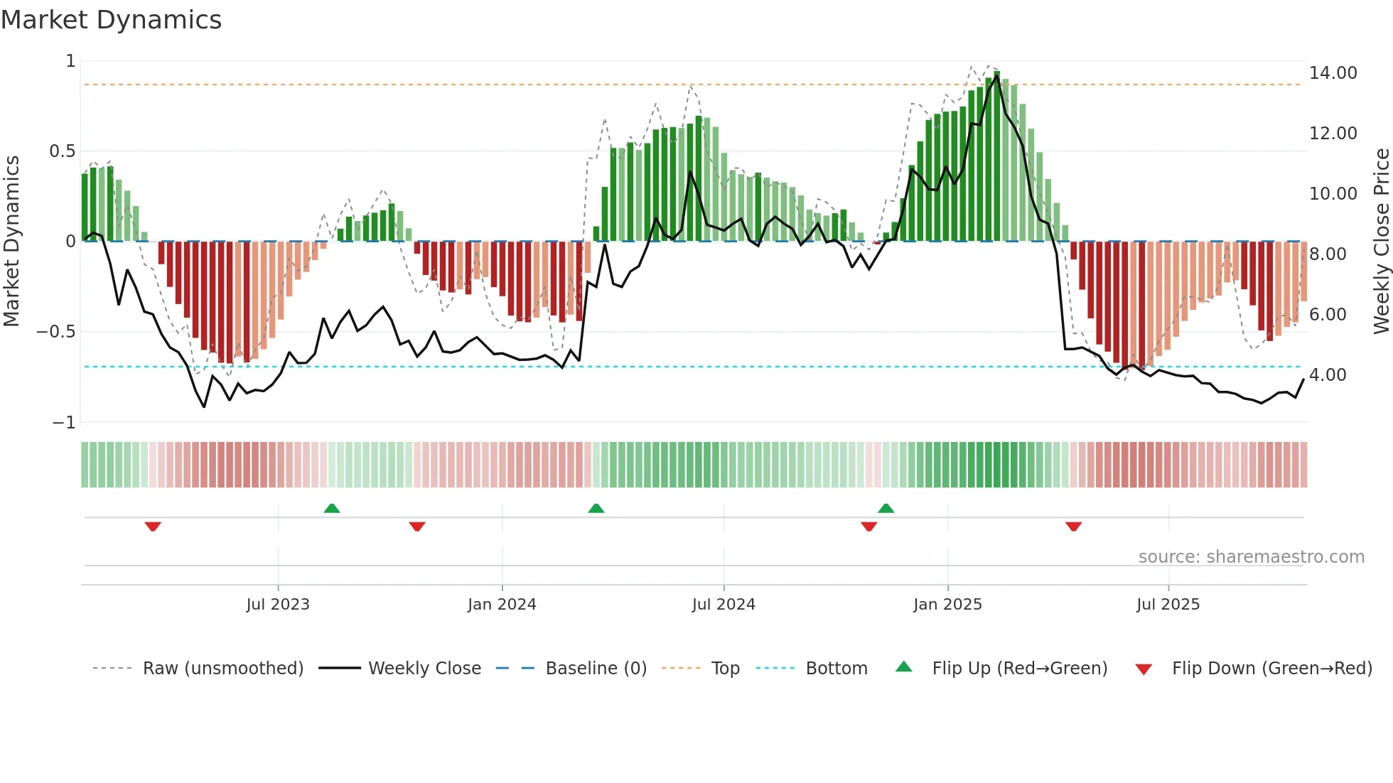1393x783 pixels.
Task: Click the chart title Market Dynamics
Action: click(111, 20)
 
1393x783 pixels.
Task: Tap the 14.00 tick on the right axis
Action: click(1333, 73)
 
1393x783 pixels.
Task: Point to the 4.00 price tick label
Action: click(1327, 375)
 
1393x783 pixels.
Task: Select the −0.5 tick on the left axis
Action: click(55, 332)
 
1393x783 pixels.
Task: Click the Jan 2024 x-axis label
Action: click(502, 605)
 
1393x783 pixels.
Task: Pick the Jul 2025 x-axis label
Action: click(1168, 605)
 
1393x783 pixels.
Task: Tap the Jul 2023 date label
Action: click(278, 605)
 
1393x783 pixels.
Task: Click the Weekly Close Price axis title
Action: click(1381, 241)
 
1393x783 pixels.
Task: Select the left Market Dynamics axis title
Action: click(11, 241)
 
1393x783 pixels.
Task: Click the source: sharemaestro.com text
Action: click(1251, 557)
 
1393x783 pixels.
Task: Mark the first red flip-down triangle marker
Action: click(153, 526)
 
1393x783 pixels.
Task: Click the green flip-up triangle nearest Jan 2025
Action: click(886, 508)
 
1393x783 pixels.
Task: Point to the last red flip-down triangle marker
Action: click(1073, 526)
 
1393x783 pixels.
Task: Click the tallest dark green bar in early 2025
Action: click(997, 156)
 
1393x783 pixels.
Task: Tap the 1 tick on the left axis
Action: click(70, 61)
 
